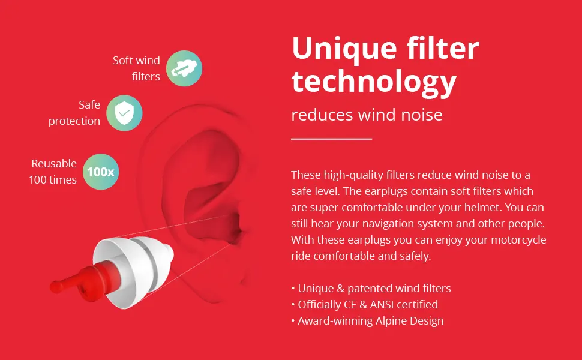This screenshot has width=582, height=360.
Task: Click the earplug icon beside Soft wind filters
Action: click(184, 68)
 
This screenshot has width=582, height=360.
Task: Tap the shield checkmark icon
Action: click(124, 113)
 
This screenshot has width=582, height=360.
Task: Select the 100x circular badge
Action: click(101, 172)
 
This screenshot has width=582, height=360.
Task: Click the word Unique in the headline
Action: click(344, 49)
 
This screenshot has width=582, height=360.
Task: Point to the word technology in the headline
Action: click(374, 82)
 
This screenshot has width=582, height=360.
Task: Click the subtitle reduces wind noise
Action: click(367, 115)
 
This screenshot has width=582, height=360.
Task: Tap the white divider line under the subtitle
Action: click(331, 139)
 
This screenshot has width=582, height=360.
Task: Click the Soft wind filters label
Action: click(137, 68)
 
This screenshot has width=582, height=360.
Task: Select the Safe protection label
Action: click(74, 113)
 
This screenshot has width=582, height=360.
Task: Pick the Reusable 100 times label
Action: click(53, 172)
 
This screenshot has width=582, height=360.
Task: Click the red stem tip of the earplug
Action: click(56, 287)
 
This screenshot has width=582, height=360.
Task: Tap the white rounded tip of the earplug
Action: click(168, 253)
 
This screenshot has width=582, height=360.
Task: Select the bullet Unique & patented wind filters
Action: click(371, 289)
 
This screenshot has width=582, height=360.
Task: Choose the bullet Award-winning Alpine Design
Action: click(367, 321)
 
